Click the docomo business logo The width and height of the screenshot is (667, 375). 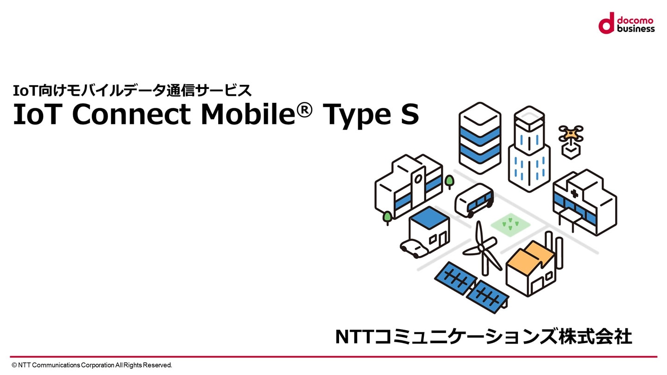627,23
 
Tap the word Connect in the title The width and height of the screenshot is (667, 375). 132,115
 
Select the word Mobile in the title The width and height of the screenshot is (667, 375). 248,115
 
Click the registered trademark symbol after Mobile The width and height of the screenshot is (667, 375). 304,110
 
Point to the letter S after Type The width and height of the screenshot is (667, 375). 410,115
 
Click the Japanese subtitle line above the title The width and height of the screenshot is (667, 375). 132,90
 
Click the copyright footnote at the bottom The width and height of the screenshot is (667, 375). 92,365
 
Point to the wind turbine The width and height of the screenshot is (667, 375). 482,249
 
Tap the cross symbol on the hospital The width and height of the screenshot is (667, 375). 574,194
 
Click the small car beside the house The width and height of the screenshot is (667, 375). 414,249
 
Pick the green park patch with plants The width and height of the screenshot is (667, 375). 510,225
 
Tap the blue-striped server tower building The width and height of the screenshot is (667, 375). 480,138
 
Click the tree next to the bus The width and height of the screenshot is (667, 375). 449,182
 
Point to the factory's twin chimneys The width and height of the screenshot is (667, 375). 554,250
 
